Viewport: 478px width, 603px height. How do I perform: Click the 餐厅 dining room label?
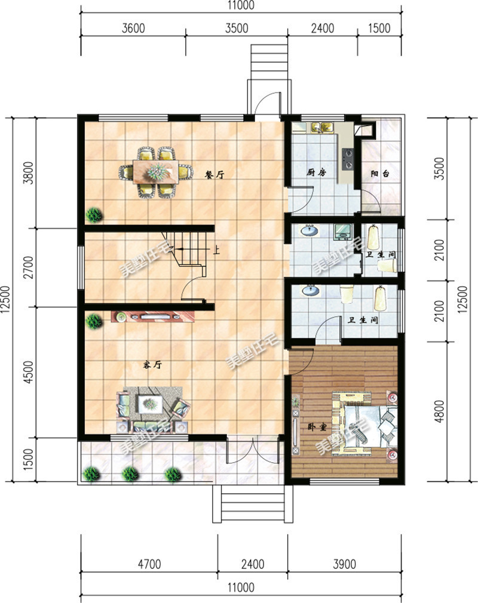[214, 175]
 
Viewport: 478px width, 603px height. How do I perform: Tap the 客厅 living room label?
[152, 365]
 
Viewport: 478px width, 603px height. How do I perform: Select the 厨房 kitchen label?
[316, 172]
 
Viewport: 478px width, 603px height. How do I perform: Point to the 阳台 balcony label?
[380, 174]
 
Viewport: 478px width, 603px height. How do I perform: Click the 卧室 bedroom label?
[317, 427]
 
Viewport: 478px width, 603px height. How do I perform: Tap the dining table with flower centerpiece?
[156, 172]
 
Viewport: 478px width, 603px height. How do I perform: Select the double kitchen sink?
[322, 127]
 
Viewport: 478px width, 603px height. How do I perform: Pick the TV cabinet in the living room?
[153, 317]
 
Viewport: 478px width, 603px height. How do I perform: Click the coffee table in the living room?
[151, 404]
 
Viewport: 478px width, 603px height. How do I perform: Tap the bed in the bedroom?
[364, 424]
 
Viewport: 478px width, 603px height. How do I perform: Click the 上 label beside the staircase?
[217, 251]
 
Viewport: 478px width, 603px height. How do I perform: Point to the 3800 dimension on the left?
[29, 173]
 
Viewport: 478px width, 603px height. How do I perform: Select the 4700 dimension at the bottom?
[149, 564]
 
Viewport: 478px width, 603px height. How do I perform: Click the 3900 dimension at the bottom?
[344, 564]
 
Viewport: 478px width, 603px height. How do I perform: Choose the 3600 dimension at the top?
[133, 28]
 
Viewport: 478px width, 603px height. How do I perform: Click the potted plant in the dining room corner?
[94, 214]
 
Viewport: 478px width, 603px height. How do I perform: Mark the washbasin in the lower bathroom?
[311, 290]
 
